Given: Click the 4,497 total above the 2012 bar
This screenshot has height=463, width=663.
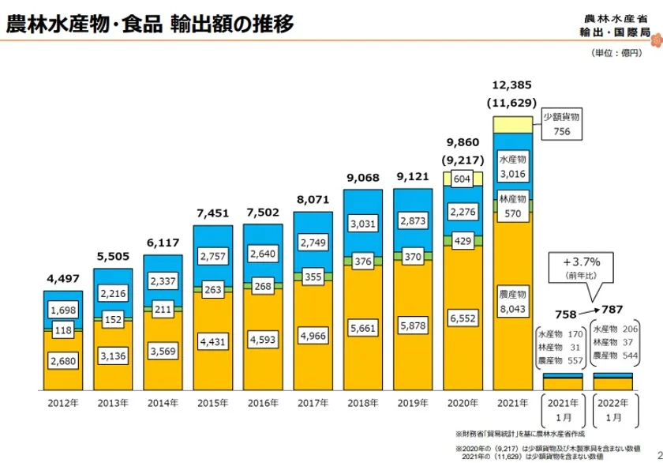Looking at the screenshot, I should (x=62, y=278).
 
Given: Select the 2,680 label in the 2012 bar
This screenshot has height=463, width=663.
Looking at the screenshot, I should (x=63, y=362).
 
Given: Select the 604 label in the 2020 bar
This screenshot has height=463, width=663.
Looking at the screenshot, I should (x=463, y=179).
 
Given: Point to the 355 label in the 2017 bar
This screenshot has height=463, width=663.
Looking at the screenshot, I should (x=313, y=277).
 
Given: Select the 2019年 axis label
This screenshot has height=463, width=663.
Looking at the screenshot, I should (x=414, y=404).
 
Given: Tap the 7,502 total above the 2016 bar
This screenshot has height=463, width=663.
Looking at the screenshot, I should (x=263, y=212).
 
